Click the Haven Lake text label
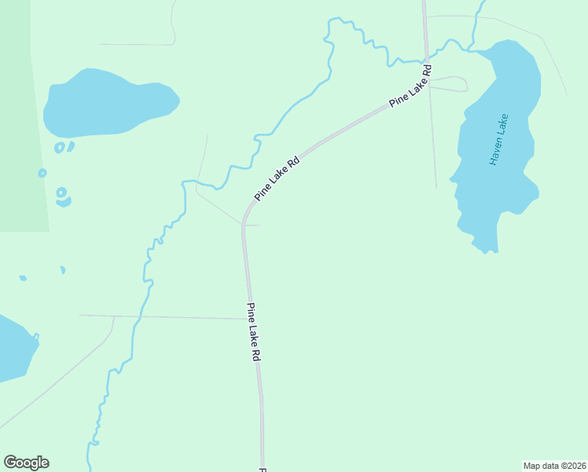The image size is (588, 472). (x=499, y=139)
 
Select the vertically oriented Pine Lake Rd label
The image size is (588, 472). (x=254, y=331)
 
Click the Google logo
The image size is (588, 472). (x=26, y=463)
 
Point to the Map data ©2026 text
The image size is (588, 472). (x=554, y=465)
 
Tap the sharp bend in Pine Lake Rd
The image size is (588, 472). (x=244, y=220)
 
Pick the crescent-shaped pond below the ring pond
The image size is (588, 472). (x=63, y=201)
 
